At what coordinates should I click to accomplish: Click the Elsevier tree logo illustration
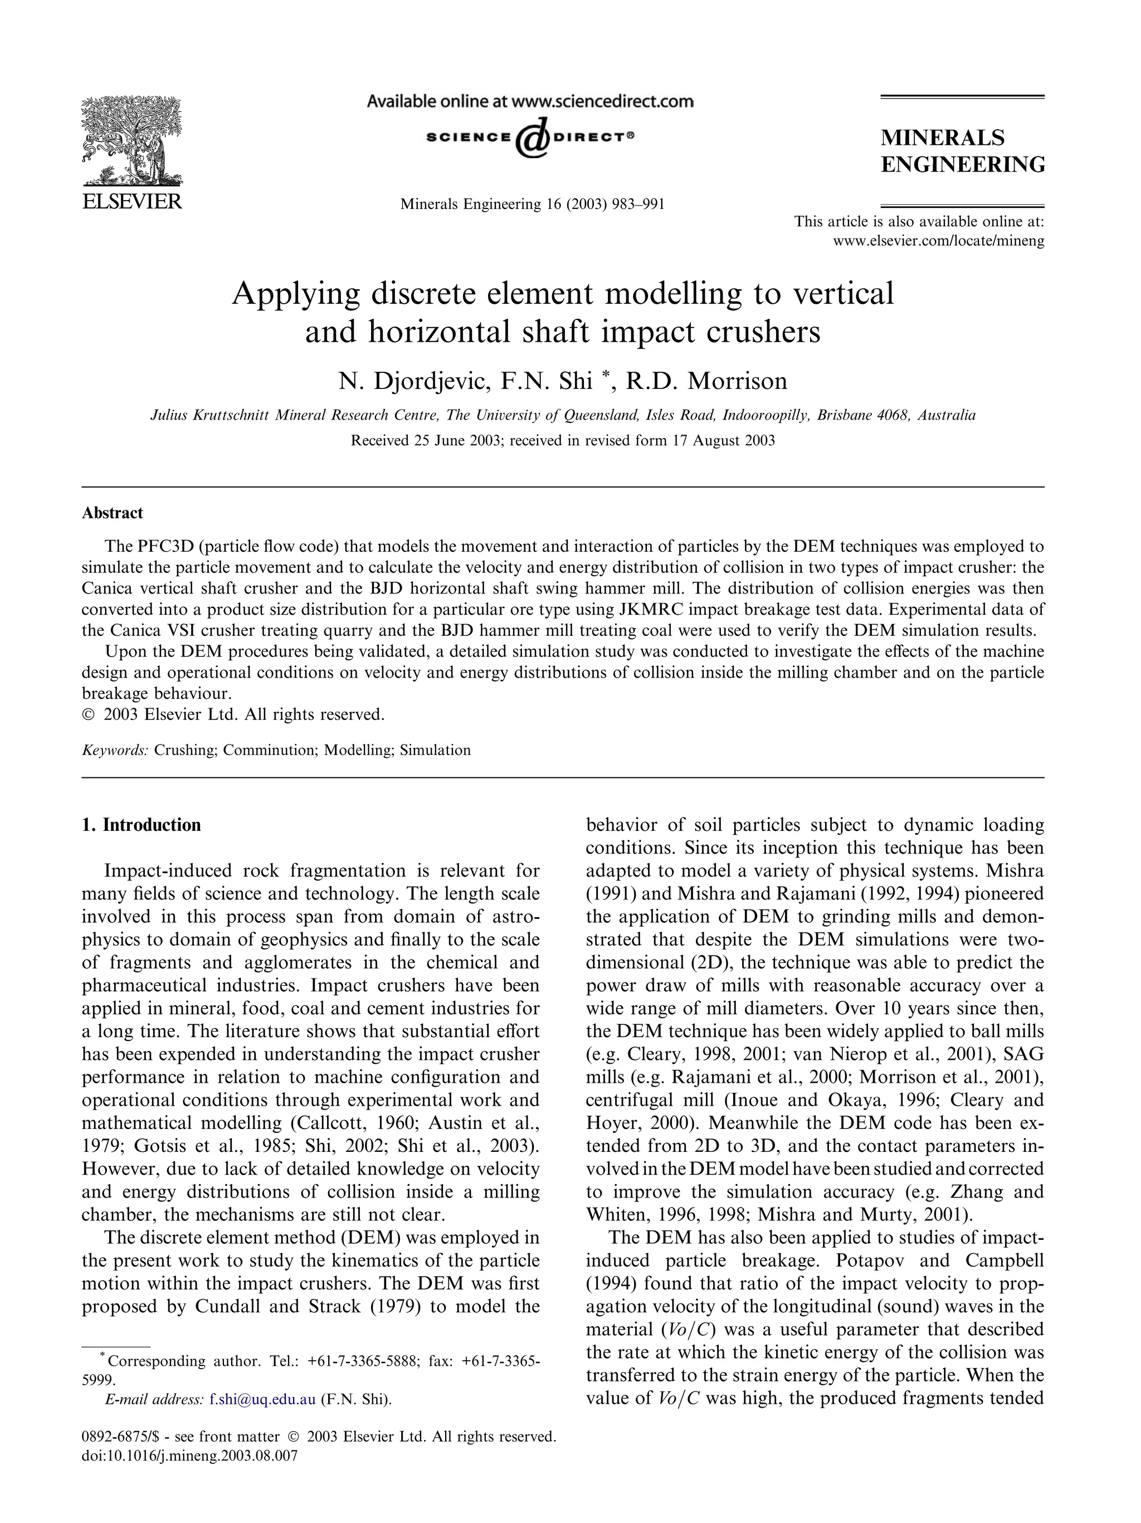click(x=131, y=141)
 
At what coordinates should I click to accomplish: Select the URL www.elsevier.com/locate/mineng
click(x=938, y=241)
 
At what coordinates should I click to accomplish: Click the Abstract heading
click(x=112, y=513)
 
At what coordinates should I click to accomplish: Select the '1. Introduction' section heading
click(x=141, y=825)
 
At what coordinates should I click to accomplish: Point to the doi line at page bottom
click(x=189, y=1456)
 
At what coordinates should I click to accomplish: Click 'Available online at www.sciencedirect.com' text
click(x=530, y=102)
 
